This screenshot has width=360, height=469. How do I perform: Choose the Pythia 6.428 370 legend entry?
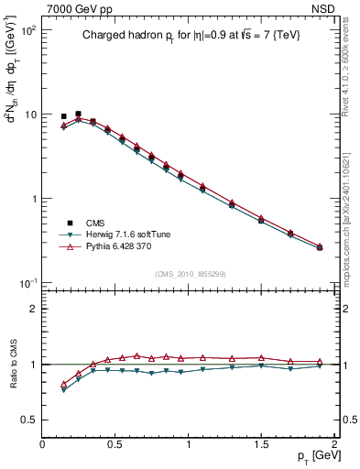tap(119, 247)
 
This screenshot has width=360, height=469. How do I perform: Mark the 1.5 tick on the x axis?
tap(261, 444)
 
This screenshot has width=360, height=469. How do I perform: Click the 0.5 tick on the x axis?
tap(115, 444)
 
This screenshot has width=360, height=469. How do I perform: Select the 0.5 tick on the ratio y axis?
tap(29, 420)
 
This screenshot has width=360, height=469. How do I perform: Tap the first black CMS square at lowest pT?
tap(63, 116)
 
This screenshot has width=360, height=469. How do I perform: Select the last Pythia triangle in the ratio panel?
tap(320, 362)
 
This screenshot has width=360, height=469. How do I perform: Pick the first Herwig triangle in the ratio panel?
tap(63, 390)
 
